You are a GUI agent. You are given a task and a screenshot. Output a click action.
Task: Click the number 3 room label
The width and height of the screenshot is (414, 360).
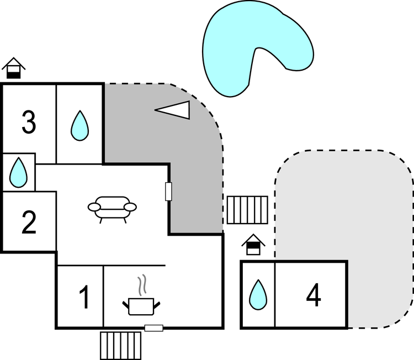pos(29,122)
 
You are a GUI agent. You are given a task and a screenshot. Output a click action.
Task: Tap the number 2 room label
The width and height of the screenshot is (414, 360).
pos(29,223)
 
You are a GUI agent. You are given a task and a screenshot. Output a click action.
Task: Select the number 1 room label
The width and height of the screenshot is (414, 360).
pos(84,297)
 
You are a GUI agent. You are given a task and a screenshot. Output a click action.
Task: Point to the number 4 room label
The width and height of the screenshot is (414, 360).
pos(314,295)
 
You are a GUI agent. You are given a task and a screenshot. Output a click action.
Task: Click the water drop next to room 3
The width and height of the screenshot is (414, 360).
pos(79,125)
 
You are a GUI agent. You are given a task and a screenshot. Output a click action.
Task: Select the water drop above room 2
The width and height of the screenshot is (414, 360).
pos(18,172)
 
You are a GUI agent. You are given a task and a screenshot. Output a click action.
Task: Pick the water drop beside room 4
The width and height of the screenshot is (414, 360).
pos(258,294)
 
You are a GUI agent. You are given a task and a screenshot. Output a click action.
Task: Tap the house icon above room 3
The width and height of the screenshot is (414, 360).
pos(13,68)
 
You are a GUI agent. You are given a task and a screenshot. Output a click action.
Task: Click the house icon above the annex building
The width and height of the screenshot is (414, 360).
pos(253,244)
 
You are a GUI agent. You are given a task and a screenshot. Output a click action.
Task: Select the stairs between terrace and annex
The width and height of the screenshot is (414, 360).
pos(247,210)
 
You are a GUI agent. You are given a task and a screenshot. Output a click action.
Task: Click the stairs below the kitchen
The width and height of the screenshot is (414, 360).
pos(121,346)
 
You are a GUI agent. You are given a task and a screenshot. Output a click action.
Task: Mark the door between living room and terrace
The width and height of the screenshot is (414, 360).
pos(168,192)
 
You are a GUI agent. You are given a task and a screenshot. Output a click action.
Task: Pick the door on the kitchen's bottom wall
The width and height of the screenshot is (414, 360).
pos(154,328)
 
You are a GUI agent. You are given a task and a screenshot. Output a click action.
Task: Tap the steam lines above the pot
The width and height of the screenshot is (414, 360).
pos(142,285)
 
